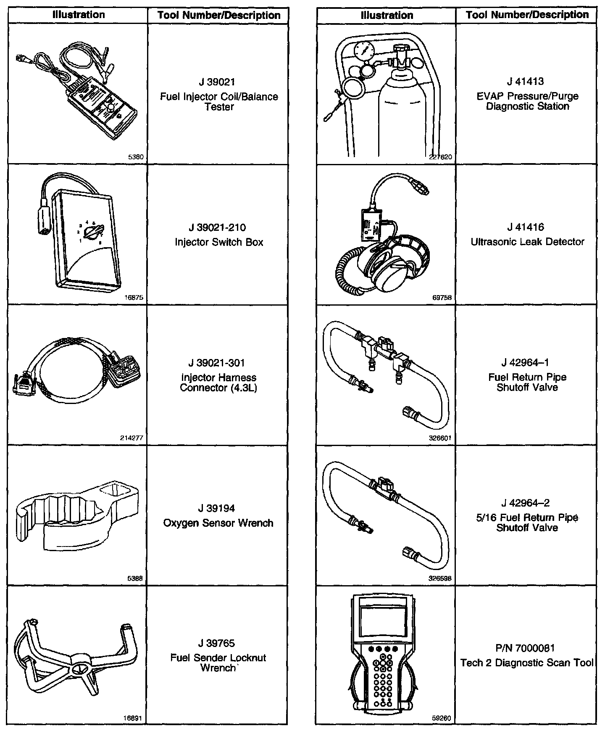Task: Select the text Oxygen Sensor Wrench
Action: point(218,523)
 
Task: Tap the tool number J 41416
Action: point(527,227)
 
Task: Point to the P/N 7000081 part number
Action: point(527,648)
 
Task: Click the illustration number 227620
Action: point(441,157)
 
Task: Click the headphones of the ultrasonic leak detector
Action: point(389,263)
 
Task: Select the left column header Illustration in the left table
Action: point(78,15)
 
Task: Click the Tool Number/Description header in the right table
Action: point(527,15)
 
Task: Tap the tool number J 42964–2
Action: point(527,503)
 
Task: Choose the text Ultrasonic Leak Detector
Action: point(527,242)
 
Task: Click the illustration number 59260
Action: point(442,718)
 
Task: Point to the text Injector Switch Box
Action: point(218,243)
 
